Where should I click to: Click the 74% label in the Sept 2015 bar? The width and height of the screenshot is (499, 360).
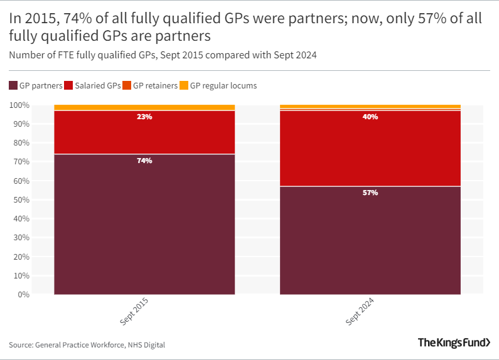(x=144, y=161)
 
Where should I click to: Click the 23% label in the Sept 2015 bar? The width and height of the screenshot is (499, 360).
(x=144, y=117)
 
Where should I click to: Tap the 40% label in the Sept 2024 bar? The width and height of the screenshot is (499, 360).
(x=370, y=117)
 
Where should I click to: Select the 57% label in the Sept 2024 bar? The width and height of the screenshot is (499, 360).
(x=370, y=193)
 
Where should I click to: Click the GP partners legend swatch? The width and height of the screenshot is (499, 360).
(x=13, y=85)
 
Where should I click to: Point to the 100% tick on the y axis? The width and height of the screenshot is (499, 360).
(x=19, y=105)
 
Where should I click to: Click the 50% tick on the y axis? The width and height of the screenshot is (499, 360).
(x=21, y=199)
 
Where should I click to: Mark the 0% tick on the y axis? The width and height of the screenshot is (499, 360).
(x=23, y=294)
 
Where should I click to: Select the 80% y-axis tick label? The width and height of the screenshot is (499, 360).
(x=21, y=143)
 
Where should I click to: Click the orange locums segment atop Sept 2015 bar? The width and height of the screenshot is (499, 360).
(x=144, y=107)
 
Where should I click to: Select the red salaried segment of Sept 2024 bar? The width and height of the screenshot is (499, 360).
(x=370, y=151)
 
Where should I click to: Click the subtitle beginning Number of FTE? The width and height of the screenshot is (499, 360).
(x=163, y=55)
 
